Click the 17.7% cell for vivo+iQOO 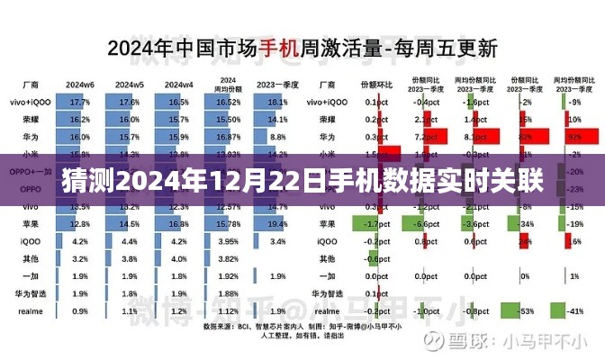[79, 103]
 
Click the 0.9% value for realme [79, 311]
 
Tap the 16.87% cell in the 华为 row [227, 135]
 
